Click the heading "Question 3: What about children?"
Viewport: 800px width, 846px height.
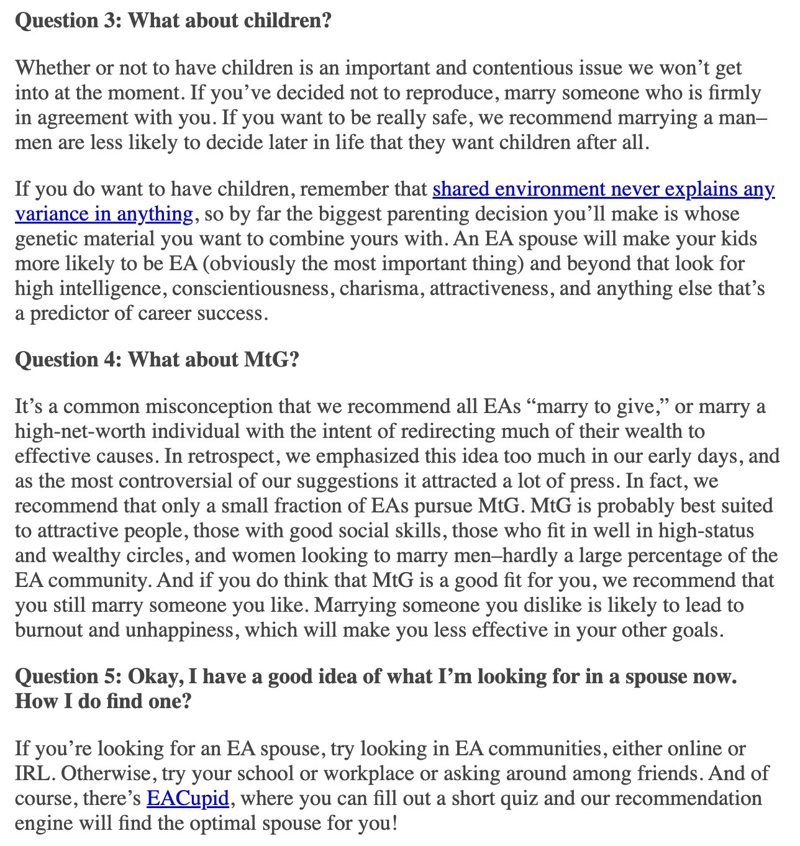173,21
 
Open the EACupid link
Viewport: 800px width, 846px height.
188,798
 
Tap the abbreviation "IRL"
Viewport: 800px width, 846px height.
33,773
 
